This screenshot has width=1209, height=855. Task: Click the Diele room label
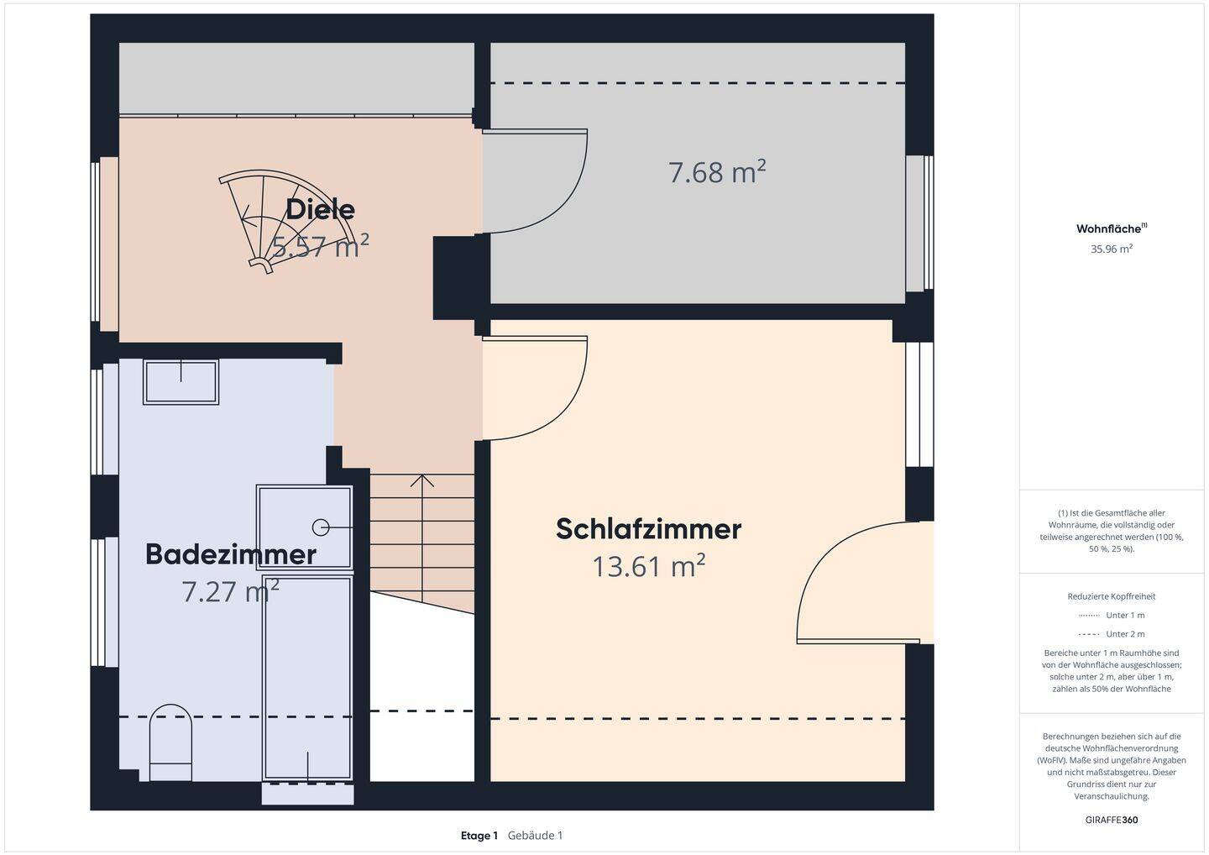(x=320, y=209)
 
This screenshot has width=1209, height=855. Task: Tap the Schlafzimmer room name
(x=648, y=529)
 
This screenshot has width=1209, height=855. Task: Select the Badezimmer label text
(x=231, y=554)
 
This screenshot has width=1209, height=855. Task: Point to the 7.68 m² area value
(x=717, y=172)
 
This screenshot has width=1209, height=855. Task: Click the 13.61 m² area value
(x=649, y=567)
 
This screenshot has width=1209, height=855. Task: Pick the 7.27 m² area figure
(x=230, y=592)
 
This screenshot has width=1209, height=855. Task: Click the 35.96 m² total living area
(x=1112, y=249)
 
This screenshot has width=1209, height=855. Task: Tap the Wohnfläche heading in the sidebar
(x=1109, y=228)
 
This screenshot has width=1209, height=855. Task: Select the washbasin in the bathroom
(x=181, y=382)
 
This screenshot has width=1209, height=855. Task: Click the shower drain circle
(x=321, y=527)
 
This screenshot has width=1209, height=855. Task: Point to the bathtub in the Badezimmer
(x=306, y=676)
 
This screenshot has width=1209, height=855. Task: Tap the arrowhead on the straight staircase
(x=422, y=480)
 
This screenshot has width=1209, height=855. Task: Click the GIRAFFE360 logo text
(x=1112, y=820)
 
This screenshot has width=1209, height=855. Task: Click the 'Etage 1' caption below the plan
(x=479, y=836)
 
